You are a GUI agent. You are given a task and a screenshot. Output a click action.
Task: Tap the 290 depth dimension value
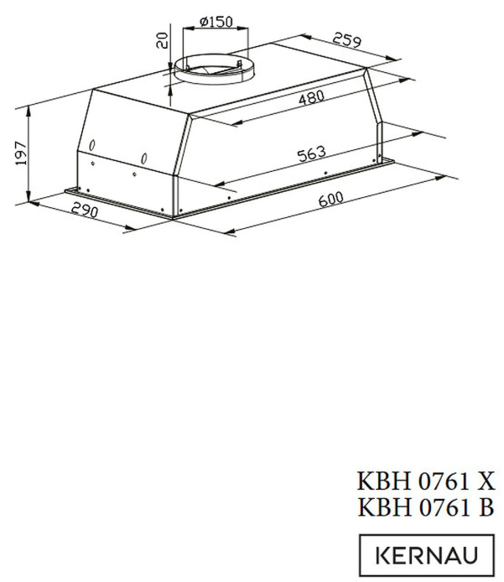pyautogui.click(x=84, y=210)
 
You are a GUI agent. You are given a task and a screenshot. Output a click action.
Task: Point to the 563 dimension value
pyautogui.click(x=310, y=154)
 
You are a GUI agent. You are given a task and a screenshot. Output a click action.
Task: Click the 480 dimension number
pyautogui.click(x=310, y=99)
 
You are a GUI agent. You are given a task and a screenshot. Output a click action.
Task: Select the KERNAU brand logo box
pyautogui.click(x=427, y=555)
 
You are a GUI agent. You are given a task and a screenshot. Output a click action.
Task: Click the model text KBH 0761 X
pyautogui.click(x=426, y=482)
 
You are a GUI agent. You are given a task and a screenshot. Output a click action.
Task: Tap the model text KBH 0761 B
pyautogui.click(x=426, y=508)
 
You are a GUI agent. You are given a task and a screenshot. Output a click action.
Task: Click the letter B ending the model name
pyautogui.click(x=486, y=508)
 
